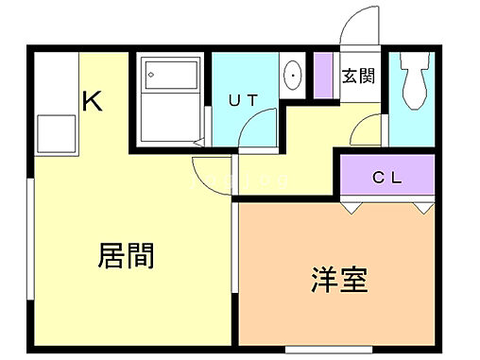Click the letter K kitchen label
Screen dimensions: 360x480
click(92, 99)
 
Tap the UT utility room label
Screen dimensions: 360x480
click(245, 99)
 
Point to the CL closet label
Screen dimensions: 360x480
click(386, 176)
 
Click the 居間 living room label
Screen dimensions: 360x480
click(127, 255)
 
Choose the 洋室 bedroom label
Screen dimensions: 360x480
click(339, 280)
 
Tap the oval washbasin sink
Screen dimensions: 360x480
click(293, 74)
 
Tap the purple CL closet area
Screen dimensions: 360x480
click(386, 176)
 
